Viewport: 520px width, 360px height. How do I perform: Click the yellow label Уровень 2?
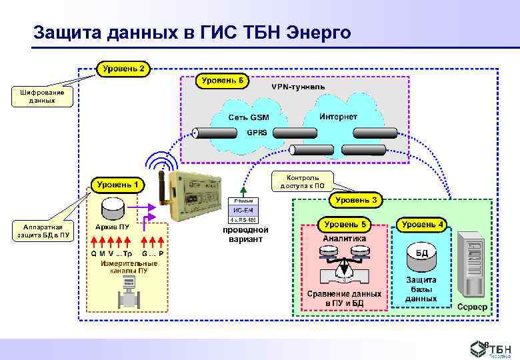(x=124, y=68)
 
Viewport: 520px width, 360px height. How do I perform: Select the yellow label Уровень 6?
(x=222, y=81)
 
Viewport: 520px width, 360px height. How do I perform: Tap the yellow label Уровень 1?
(x=117, y=184)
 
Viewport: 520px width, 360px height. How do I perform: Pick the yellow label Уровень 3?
(x=356, y=199)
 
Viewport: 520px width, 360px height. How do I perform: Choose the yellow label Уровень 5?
(x=344, y=224)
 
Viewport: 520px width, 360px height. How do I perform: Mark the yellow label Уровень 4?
(x=422, y=224)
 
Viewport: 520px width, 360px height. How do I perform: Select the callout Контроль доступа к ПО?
(x=303, y=181)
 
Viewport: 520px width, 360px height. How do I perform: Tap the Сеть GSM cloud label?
(x=249, y=117)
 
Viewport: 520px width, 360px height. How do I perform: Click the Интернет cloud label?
(x=338, y=117)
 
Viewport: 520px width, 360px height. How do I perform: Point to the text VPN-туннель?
(x=298, y=87)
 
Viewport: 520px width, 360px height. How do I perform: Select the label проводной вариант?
(x=245, y=234)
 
